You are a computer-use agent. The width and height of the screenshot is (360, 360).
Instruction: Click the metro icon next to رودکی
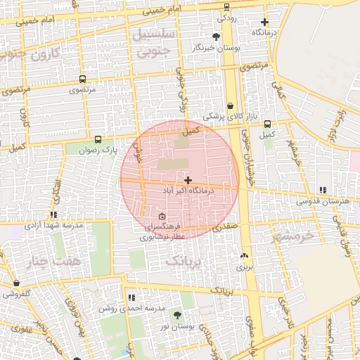coord(226,7)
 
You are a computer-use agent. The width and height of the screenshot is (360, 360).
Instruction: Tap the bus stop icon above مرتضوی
coord(83,79)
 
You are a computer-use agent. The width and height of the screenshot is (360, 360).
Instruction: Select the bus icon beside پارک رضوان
coord(97,139)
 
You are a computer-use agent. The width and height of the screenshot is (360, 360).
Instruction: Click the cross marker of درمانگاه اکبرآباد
coord(188,181)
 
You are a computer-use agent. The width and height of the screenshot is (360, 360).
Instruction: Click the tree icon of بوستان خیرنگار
coord(215,37)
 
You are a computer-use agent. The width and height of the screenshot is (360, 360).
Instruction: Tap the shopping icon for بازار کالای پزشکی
coord(230,105)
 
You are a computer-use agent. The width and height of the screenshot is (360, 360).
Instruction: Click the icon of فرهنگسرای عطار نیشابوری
coord(162,216)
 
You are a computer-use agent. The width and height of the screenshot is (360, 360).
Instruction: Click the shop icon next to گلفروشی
coord(16,283)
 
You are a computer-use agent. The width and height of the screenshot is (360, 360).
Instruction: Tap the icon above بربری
coord(244,256)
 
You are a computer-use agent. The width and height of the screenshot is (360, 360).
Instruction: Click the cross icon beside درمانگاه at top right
coord(264,22)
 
